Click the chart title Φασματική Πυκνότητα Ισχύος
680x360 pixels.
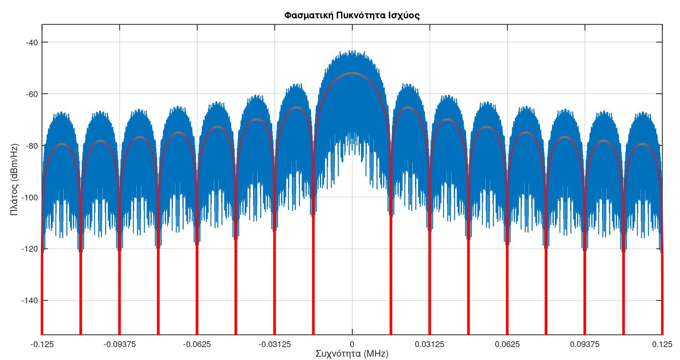[352, 16]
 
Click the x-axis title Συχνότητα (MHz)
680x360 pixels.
[352, 354]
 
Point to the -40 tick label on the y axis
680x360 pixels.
[32, 42]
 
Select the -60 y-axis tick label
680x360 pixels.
[32, 94]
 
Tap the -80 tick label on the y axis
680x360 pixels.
[32, 145]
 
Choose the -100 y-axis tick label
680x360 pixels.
[30, 197]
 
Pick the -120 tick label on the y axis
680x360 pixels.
[30, 249]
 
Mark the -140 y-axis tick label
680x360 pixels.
[30, 300]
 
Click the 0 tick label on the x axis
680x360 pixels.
[352, 344]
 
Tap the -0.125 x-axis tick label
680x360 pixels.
[42, 344]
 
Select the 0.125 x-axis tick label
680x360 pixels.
[662, 344]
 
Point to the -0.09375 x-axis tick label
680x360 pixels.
[119, 344]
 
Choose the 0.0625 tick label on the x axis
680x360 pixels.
[507, 344]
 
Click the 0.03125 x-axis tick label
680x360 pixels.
[429, 344]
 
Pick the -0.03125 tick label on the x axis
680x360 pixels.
[274, 344]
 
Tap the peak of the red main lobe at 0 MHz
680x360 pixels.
[352, 73]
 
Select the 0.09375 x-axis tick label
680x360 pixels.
[585, 344]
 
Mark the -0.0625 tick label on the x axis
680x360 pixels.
[197, 344]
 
